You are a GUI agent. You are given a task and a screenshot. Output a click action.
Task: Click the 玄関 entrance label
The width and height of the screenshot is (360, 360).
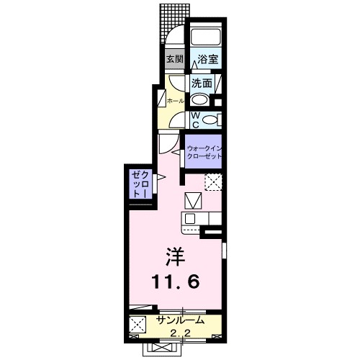(174, 59)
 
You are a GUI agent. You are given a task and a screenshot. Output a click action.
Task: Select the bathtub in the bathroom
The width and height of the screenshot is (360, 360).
(206, 38)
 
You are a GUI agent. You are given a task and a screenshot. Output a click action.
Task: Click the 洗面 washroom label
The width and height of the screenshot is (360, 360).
(202, 83)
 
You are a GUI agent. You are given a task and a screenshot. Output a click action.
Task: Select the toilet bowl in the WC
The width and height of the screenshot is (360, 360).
(210, 120)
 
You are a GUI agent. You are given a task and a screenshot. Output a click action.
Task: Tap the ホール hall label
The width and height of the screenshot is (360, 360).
(174, 102)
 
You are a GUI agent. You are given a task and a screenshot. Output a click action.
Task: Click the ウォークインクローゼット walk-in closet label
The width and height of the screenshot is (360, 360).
(206, 152)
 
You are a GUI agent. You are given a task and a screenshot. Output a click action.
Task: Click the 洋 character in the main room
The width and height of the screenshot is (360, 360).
(174, 256)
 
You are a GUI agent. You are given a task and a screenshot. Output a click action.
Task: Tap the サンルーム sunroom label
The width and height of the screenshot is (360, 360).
(180, 320)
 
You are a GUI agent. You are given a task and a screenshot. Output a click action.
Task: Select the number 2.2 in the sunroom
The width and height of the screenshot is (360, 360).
(180, 332)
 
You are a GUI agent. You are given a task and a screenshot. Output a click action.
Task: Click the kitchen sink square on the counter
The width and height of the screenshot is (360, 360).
(190, 218)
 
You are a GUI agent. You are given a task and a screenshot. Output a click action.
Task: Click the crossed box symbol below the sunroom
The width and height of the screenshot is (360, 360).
(157, 349)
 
